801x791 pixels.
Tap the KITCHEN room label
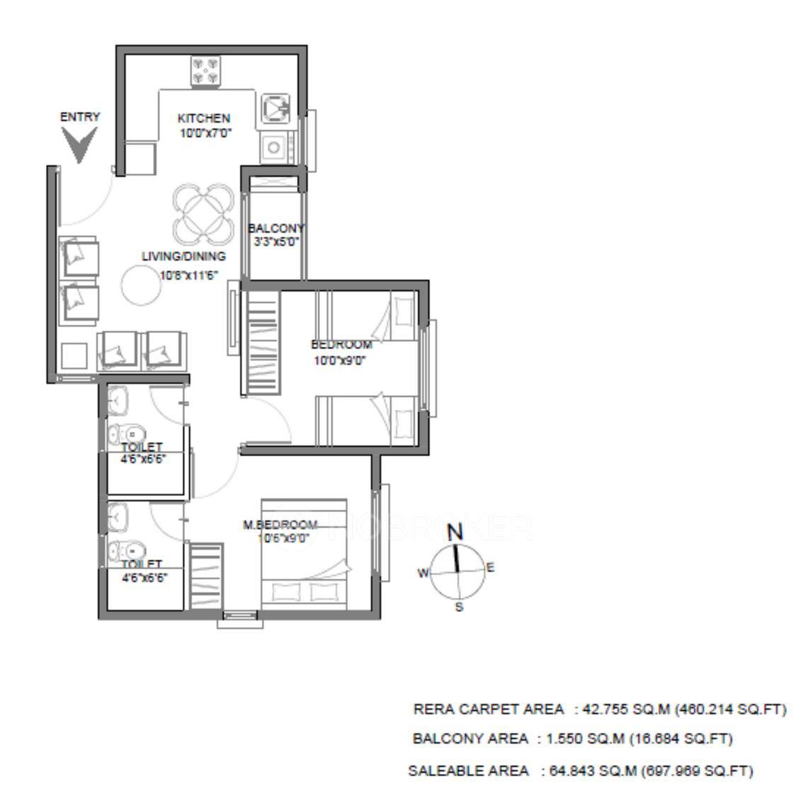pos(203,118)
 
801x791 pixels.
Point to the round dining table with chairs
pos(203,212)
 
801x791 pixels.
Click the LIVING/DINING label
pos(183,256)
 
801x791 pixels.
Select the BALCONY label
pos(275,228)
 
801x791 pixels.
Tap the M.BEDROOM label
pos(280,525)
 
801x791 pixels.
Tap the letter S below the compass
pos(459,607)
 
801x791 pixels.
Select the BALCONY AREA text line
pos(572,739)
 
